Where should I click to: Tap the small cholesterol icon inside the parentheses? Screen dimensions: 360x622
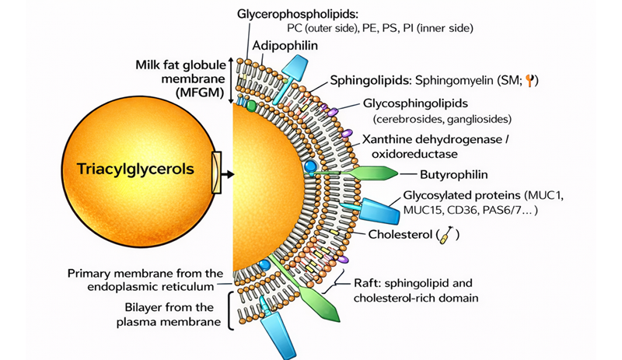point(446,235)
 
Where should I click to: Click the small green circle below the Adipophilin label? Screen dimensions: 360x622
point(251,106)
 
